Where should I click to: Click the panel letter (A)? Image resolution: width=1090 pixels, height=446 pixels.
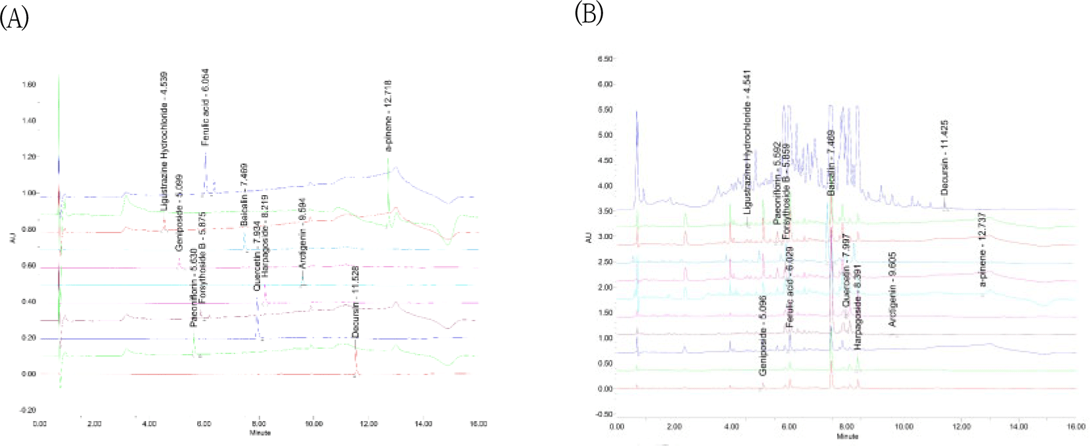[x=14, y=18]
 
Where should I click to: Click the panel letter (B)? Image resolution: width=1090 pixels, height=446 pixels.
[x=589, y=12]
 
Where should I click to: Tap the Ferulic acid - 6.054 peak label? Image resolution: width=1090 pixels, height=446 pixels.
[x=205, y=106]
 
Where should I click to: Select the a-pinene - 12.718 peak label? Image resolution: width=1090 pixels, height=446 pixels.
[x=388, y=116]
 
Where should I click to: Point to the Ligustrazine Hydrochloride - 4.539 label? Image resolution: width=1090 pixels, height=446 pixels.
[x=164, y=141]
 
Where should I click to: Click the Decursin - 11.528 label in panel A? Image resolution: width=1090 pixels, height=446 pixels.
[x=355, y=301]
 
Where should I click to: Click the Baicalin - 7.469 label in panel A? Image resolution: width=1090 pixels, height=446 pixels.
[x=244, y=195]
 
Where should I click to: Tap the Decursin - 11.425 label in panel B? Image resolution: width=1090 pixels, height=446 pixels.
[x=945, y=158]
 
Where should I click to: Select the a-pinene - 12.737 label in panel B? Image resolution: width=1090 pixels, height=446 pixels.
[x=983, y=258]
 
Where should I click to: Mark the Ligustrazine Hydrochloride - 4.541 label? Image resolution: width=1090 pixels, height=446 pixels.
[x=747, y=142]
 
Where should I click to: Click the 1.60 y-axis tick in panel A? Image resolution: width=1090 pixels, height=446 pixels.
[x=28, y=85]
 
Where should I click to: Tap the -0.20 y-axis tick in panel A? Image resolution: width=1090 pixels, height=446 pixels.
[x=28, y=410]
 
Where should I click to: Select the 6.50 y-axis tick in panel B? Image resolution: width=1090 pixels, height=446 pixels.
[x=604, y=59]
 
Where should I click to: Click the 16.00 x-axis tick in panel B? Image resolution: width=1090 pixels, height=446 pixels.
[x=1076, y=427]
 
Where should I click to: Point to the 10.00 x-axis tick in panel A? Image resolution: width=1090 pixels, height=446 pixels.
[x=314, y=424]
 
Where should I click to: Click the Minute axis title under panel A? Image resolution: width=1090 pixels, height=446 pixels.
[x=260, y=433]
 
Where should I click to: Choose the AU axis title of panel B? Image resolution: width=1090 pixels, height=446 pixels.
[x=589, y=237]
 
